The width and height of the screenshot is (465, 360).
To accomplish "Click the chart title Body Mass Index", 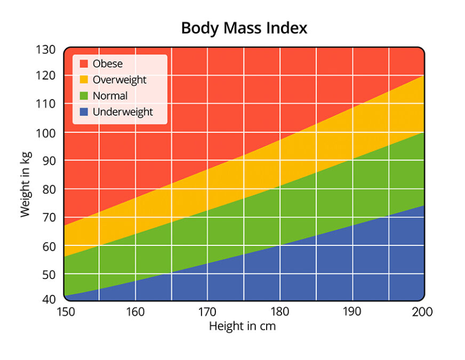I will click(x=244, y=28).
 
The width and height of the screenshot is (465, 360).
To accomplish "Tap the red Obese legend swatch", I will click(x=84, y=63).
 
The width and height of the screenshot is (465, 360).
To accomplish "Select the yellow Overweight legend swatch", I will click(x=84, y=80).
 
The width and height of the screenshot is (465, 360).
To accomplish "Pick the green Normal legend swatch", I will click(x=84, y=96).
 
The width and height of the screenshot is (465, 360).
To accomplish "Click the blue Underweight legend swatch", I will click(x=84, y=112).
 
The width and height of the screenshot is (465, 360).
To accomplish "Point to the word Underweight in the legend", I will click(x=123, y=112).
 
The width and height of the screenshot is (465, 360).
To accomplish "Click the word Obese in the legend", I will click(x=108, y=63).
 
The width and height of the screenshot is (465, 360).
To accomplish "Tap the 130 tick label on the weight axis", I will click(x=46, y=50).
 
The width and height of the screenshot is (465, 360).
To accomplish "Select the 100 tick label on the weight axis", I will click(x=46, y=132).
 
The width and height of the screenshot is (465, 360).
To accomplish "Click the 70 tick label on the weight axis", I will click(x=49, y=218).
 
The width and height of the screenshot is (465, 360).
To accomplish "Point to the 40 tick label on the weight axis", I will click(x=49, y=299).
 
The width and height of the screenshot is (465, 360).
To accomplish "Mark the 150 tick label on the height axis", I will click(x=65, y=311).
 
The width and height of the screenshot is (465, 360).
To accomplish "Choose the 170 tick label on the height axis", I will click(x=207, y=311).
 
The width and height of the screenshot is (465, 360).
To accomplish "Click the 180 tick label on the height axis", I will click(x=279, y=311).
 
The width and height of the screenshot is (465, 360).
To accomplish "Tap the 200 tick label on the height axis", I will click(x=422, y=311).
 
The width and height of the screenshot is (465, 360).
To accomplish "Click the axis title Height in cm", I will click(x=242, y=326).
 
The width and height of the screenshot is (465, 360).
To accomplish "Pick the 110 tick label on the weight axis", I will click(x=46, y=103).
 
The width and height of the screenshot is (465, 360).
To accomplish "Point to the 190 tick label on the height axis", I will click(x=351, y=311).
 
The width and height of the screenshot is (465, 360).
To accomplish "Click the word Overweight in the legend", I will click(x=119, y=80).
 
